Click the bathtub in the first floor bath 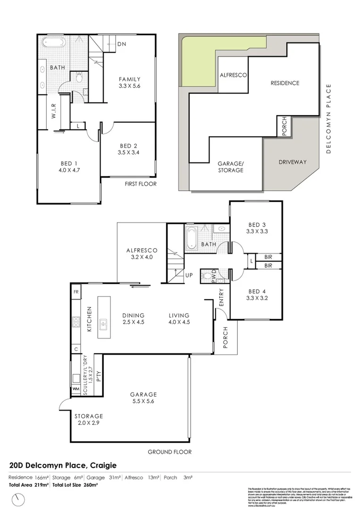54,43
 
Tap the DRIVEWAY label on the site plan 292,162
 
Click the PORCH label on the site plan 284,126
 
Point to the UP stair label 189,275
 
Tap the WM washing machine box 75,389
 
